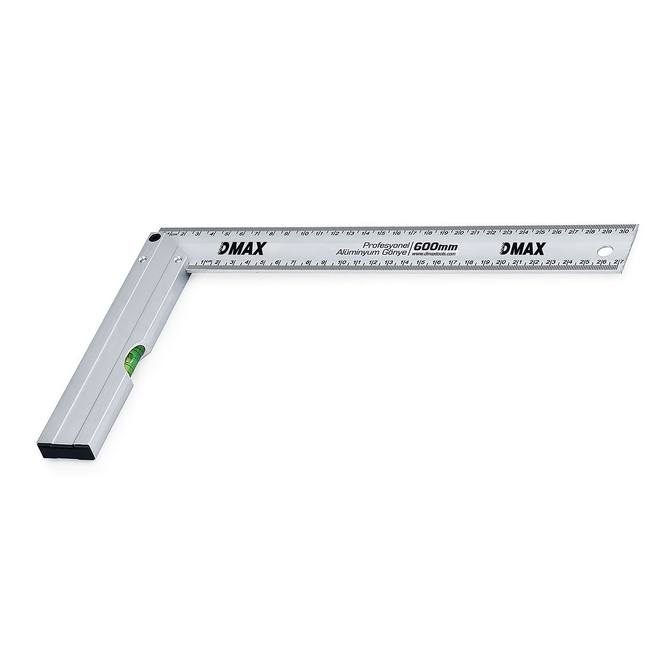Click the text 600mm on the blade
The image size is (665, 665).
point(435,247)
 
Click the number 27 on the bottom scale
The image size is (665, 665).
point(618,262)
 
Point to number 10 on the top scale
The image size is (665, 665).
point(305,234)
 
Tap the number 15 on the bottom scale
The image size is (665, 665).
point(421,262)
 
